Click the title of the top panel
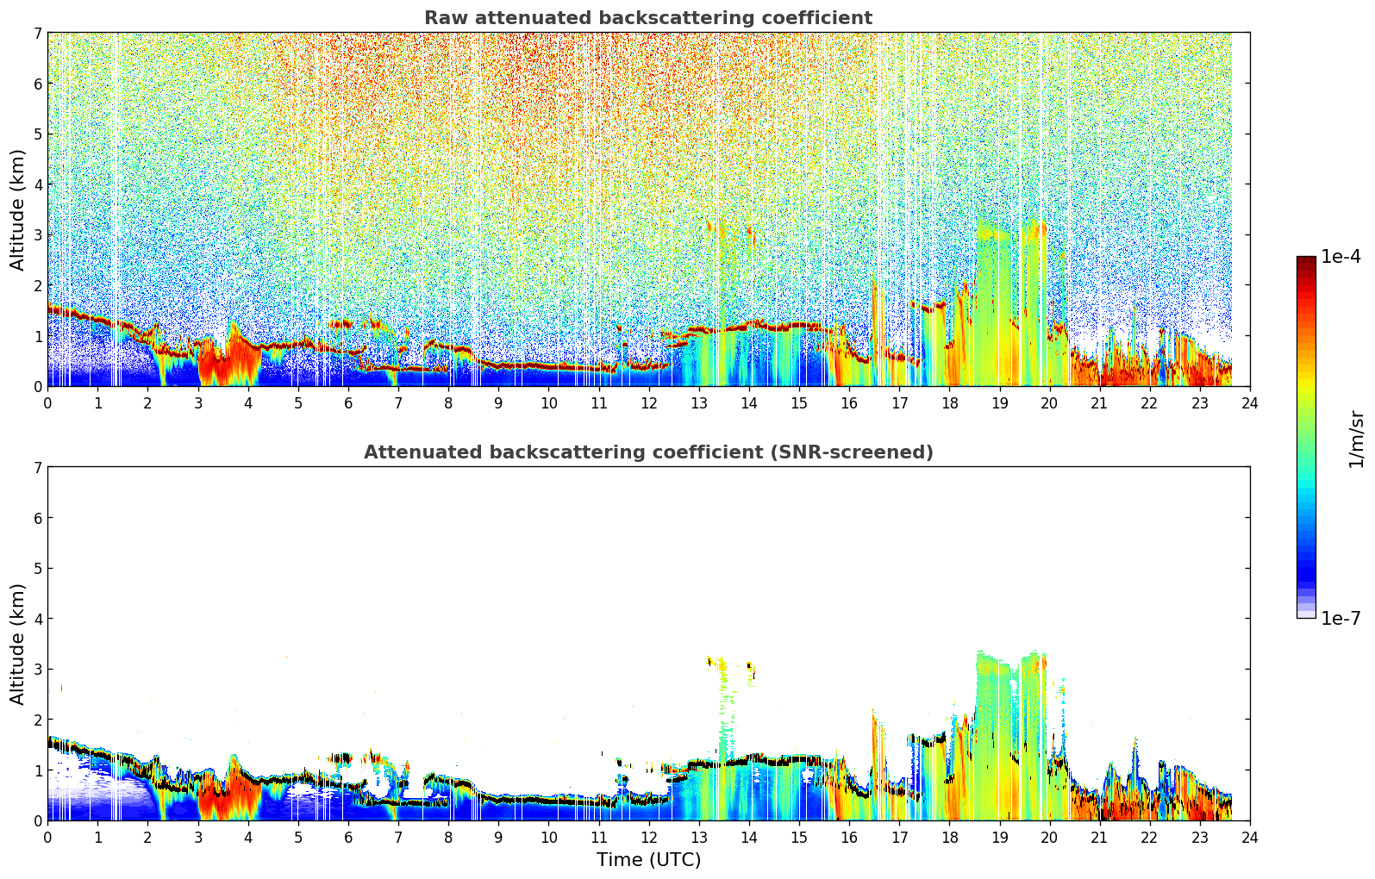[x=648, y=18]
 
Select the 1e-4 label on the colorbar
[x=1341, y=257]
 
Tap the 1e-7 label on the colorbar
[x=1341, y=619]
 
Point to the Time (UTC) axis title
[x=648, y=859]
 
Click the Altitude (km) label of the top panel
[x=17, y=210]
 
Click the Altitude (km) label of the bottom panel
[x=17, y=645]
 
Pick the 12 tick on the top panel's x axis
[x=649, y=403]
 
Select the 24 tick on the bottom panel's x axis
[x=1250, y=838]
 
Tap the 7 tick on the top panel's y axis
[x=37, y=33]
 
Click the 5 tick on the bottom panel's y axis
[x=37, y=569]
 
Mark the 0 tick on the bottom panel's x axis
[x=48, y=838]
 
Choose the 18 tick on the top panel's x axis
[x=950, y=403]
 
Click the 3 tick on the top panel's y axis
[x=37, y=235]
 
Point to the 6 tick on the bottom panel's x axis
[x=348, y=838]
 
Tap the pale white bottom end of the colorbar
[x=1306, y=614]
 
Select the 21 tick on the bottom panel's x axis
[x=1099, y=838]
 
